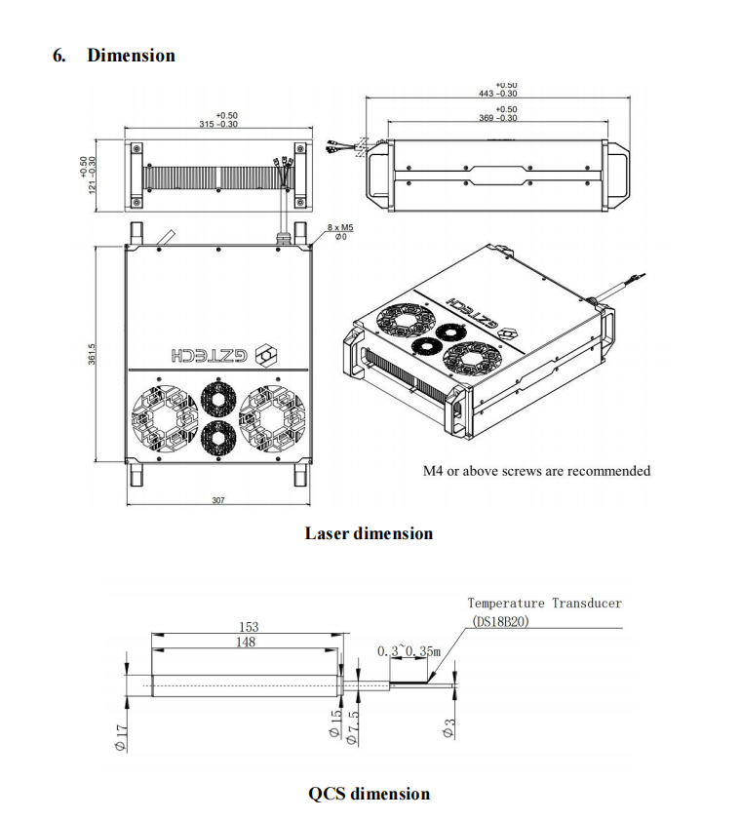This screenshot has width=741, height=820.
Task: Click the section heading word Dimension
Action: coord(131,56)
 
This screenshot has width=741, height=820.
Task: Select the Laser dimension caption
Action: coord(369,533)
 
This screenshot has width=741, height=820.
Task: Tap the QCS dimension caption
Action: coord(369,793)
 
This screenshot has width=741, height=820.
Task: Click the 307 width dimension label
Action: coord(218,500)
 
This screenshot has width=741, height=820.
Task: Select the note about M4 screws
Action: coord(536,471)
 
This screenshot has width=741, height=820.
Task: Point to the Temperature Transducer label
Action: coord(544,604)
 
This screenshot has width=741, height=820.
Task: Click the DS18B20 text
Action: coord(500,620)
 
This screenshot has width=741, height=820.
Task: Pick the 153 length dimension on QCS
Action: coord(248,627)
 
